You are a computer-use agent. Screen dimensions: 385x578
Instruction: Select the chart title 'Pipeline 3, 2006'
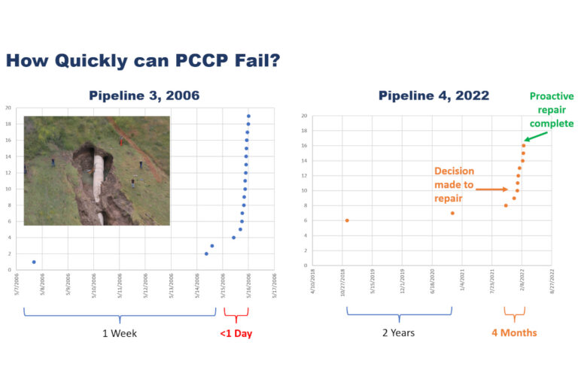(x=144, y=95)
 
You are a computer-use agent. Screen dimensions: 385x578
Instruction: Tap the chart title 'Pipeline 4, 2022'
(x=433, y=95)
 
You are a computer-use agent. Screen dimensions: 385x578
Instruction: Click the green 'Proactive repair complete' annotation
(x=551, y=110)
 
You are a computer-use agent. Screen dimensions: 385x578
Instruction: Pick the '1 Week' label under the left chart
(x=120, y=333)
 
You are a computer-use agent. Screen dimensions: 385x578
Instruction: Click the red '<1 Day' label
(x=236, y=333)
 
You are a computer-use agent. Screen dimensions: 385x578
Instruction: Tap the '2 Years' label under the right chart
(x=398, y=332)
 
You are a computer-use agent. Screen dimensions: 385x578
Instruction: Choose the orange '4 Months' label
(x=515, y=332)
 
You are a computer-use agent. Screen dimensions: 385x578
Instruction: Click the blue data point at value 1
(x=34, y=262)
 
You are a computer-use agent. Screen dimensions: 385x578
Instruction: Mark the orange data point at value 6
(x=346, y=220)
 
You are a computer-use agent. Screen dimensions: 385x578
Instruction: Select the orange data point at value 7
(x=452, y=213)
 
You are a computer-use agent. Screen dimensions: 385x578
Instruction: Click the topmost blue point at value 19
(x=248, y=117)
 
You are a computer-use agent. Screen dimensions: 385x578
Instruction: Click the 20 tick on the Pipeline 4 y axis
(x=304, y=116)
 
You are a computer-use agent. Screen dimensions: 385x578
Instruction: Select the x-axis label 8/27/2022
(x=552, y=283)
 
